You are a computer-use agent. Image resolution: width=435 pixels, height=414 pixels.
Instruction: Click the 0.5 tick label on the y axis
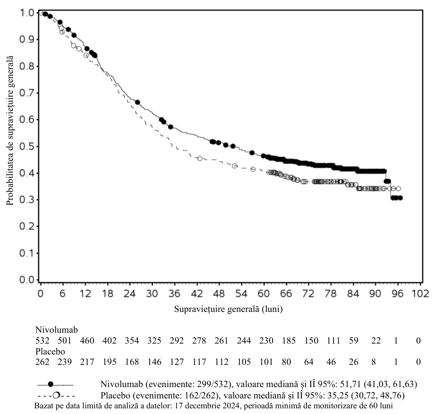(x=26, y=147)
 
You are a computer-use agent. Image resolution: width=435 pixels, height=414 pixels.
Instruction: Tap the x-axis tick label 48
(x=219, y=293)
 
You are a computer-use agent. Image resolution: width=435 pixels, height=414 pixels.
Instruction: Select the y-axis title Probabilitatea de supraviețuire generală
(x=10, y=130)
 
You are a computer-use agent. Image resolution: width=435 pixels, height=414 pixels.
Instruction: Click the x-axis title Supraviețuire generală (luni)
(x=228, y=309)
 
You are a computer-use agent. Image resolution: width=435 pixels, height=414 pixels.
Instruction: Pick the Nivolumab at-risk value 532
(x=42, y=340)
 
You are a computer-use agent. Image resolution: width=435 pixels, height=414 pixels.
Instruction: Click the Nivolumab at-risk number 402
(x=109, y=340)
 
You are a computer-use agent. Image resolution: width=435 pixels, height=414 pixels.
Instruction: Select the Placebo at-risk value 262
(x=42, y=362)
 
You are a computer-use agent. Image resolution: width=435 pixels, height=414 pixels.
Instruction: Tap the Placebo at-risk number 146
(x=154, y=362)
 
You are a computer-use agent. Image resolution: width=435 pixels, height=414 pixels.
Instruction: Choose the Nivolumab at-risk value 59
(x=353, y=340)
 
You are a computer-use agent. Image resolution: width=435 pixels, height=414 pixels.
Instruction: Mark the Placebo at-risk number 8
(x=374, y=362)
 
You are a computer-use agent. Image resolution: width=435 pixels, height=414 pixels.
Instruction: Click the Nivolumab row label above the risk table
(x=57, y=330)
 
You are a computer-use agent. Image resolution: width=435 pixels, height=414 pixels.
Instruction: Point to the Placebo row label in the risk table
(x=50, y=352)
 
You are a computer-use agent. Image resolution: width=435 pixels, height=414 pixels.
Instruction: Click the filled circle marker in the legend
(x=51, y=384)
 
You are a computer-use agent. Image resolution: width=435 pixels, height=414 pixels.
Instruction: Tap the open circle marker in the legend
(x=56, y=395)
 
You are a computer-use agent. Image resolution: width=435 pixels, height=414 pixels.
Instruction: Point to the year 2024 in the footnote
(x=231, y=405)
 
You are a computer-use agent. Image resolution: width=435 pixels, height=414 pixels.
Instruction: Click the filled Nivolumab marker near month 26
(x=137, y=102)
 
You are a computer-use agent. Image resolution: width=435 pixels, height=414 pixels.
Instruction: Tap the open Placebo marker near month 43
(x=200, y=158)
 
